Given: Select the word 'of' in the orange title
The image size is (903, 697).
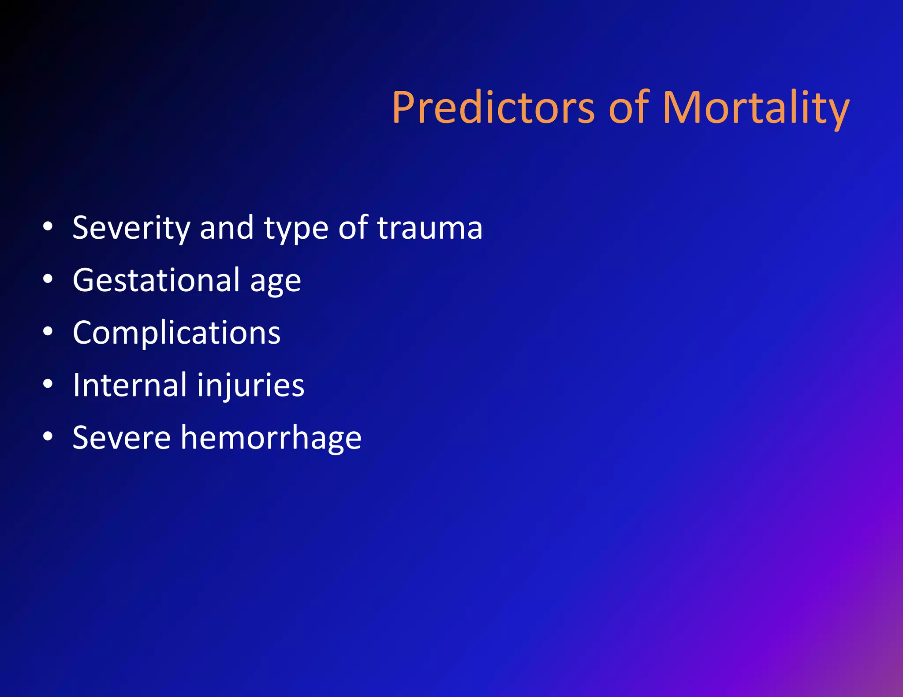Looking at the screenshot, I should coord(629,108).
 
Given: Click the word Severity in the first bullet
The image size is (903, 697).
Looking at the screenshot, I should coord(131,228).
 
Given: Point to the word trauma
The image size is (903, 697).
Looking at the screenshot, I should coord(430,228).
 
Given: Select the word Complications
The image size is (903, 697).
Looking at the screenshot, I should coord(176,333).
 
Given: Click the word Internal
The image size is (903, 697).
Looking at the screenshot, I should coord(130,385).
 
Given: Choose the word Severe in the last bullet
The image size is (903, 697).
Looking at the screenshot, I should coord(122,438).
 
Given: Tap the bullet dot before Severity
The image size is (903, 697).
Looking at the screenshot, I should coord(48,227).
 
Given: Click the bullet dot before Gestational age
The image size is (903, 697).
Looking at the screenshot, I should coord(48,279).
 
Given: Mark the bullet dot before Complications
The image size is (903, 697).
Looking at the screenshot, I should coord(48,332).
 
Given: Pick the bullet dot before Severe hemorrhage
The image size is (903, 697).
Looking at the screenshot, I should coord(48,437).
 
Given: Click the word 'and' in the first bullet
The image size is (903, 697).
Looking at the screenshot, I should coord(227,228).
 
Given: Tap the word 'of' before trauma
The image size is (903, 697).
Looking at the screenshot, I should coord(353,228).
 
